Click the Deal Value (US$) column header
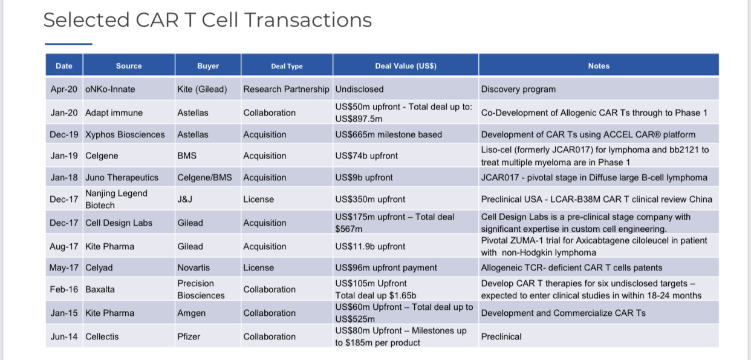(406, 66)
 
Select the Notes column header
(599, 66)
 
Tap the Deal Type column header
(287, 67)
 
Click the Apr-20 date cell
(63, 90)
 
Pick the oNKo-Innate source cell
(110, 90)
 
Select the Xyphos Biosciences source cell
(125, 134)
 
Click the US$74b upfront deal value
(366, 155)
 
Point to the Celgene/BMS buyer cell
(204, 177)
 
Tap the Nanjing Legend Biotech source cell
(116, 199)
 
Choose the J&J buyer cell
(185, 199)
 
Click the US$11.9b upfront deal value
(370, 247)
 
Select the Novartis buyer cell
(193, 268)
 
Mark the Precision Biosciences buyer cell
(201, 289)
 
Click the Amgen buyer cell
(191, 313)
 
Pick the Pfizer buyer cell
(189, 336)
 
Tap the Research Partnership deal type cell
(287, 90)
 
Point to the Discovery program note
(518, 90)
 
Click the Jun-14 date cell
(63, 336)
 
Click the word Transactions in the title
(308, 20)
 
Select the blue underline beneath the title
(68, 44)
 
